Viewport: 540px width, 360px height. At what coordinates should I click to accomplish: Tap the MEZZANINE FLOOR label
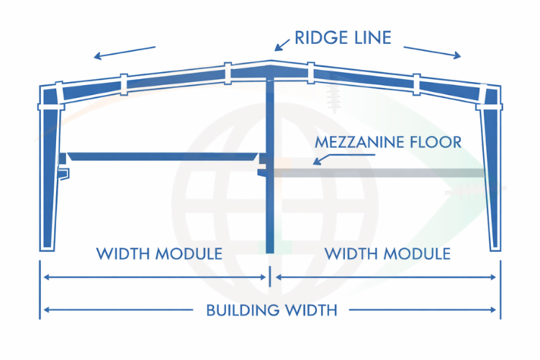point(387,141)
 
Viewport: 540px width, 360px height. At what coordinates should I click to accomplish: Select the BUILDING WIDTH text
point(271,310)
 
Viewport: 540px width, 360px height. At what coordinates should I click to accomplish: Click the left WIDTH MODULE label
point(159,253)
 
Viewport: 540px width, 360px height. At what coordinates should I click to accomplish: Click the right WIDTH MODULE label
point(387,253)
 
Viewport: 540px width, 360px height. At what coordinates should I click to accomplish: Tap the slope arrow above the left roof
point(124,52)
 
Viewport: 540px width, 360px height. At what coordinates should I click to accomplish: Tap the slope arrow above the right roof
point(432,52)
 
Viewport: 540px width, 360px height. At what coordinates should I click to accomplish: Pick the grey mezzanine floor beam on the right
point(382,173)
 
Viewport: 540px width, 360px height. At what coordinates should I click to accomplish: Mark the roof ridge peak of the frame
point(271,64)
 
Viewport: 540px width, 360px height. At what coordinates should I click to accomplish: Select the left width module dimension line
point(155,277)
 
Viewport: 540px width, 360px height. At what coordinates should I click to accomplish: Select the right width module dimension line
point(386,277)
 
